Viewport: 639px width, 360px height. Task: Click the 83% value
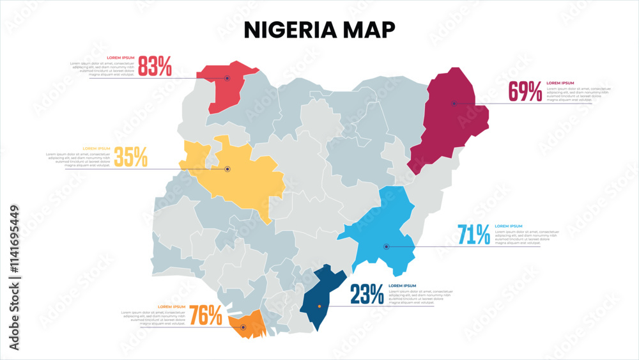[155, 66]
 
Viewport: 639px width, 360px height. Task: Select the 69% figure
[525, 92]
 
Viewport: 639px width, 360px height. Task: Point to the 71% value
[474, 235]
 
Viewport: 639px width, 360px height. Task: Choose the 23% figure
[367, 294]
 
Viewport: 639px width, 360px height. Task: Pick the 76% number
[206, 315]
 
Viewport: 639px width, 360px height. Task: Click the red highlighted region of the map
[224, 90]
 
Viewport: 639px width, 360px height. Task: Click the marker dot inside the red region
[227, 78]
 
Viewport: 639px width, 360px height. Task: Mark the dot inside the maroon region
[454, 103]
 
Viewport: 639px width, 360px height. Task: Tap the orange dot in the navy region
[319, 306]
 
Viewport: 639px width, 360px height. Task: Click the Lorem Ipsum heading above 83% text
[120, 58]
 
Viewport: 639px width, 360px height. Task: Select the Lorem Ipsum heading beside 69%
[560, 83]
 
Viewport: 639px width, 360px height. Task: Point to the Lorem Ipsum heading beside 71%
[509, 226]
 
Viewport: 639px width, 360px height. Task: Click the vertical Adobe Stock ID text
[15, 278]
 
